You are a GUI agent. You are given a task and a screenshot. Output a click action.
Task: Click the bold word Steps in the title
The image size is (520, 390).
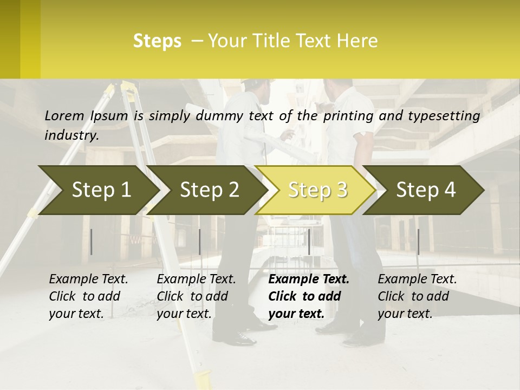pos(157,41)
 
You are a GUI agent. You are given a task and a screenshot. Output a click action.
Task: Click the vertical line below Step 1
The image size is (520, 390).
pos(92,242)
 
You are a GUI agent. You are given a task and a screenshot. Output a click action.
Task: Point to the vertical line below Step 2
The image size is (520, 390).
pos(200,242)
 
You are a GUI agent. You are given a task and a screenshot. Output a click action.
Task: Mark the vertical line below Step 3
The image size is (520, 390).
pos(309,242)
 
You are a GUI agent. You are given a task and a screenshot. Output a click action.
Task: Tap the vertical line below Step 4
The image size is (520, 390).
pos(418,242)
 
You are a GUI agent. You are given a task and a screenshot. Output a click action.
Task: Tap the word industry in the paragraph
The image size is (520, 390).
pos(71,135)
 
